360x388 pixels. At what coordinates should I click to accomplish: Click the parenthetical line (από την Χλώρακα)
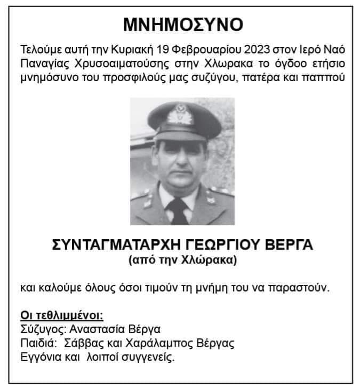pos(182,261)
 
